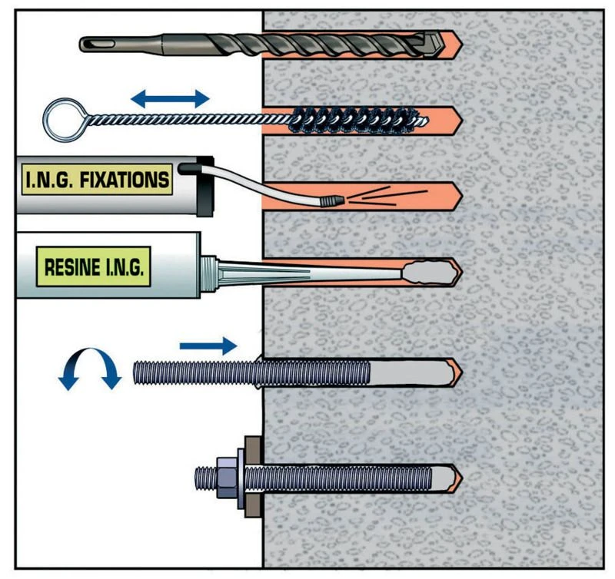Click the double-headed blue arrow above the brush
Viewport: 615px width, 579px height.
coord(169,98)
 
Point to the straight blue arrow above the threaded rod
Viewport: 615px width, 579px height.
coord(208,346)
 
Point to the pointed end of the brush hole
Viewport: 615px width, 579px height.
coord(457,120)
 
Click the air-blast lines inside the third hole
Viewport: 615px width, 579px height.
coord(377,198)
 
